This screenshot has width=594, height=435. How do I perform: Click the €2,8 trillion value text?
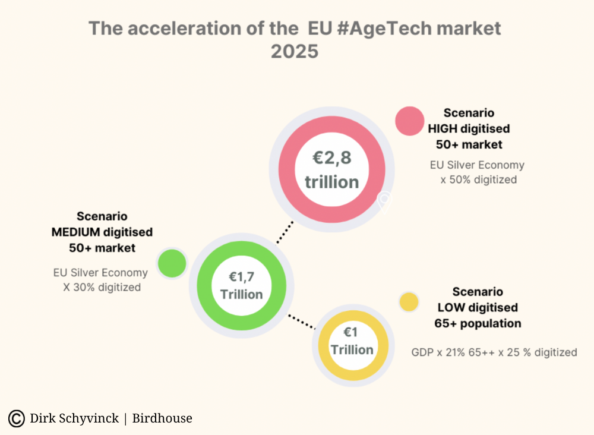332,169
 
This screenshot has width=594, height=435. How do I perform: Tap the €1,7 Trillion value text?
242,286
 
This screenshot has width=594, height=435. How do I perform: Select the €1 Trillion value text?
352,341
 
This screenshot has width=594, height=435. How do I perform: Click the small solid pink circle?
409,121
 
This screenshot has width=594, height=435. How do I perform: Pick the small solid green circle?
172,263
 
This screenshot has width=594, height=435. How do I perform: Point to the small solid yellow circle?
409,302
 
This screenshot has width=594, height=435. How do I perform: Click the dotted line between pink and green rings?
285,232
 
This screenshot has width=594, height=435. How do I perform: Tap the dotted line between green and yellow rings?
302,321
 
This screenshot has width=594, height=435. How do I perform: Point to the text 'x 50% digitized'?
478,179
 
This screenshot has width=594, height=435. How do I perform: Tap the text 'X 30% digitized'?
102,287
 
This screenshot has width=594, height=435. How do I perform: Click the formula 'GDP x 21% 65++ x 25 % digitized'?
494,352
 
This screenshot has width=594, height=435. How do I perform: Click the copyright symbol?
16,418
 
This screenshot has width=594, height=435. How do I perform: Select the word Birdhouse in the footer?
162,418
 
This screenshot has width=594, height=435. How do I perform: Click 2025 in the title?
295,52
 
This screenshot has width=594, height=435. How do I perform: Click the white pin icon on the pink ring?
384,202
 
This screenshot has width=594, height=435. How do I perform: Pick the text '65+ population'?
478,323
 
